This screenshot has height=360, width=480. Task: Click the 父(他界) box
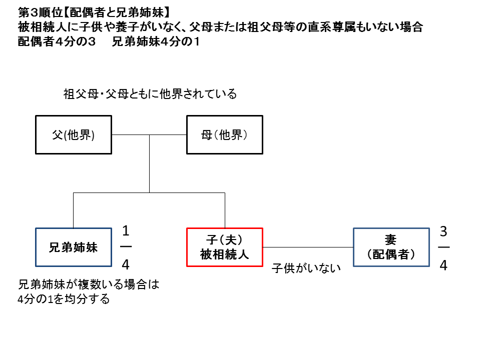click(x=74, y=135)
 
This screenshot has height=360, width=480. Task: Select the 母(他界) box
click(x=224, y=135)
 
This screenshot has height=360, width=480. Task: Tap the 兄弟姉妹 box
click(x=74, y=247)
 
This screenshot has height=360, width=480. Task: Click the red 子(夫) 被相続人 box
click(x=224, y=247)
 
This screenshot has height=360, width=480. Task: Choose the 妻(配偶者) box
click(x=391, y=247)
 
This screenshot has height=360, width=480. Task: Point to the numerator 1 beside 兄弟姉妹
click(x=126, y=231)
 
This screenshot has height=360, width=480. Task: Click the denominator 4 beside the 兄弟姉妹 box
click(x=126, y=264)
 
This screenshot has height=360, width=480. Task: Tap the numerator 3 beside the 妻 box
click(x=443, y=231)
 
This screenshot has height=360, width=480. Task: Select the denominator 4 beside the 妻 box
click(x=443, y=265)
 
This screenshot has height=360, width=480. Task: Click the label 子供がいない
click(x=306, y=268)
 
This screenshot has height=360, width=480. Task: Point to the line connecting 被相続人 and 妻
click(x=308, y=247)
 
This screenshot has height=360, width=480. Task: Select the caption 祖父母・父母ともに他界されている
click(x=150, y=93)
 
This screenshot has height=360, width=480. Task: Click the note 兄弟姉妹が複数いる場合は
click(x=88, y=285)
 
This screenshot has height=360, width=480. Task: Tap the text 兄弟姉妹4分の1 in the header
click(x=156, y=42)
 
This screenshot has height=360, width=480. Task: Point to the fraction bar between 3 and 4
click(x=443, y=248)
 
